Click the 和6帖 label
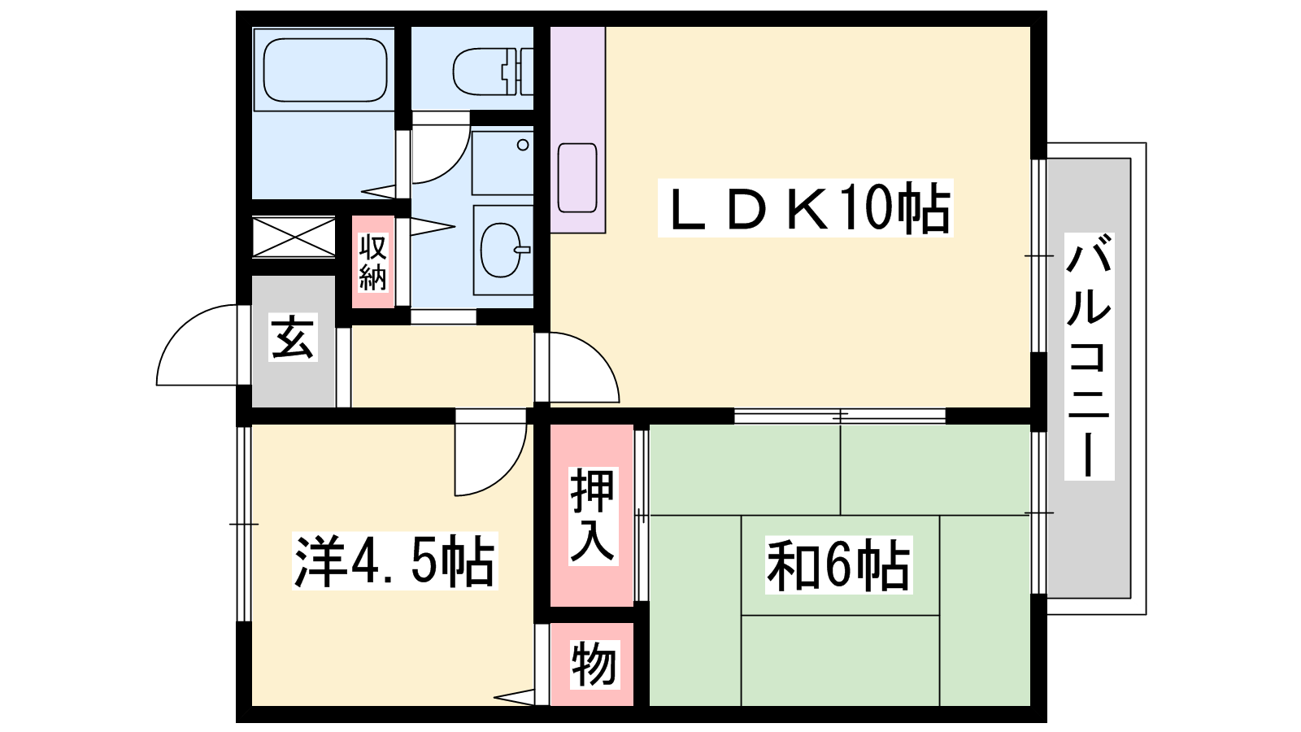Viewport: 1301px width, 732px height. pyautogui.click(x=838, y=564)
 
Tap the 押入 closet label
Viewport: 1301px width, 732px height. pyautogui.click(x=592, y=516)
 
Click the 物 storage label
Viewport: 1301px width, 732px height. pyautogui.click(x=593, y=664)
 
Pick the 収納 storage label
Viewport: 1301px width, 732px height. pyautogui.click(x=372, y=262)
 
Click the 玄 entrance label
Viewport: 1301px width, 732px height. pyautogui.click(x=293, y=337)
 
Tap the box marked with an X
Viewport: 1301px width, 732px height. pyautogui.click(x=294, y=237)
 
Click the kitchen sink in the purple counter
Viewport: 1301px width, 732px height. pyautogui.click(x=577, y=177)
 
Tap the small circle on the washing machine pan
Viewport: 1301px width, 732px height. pyautogui.click(x=523, y=145)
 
